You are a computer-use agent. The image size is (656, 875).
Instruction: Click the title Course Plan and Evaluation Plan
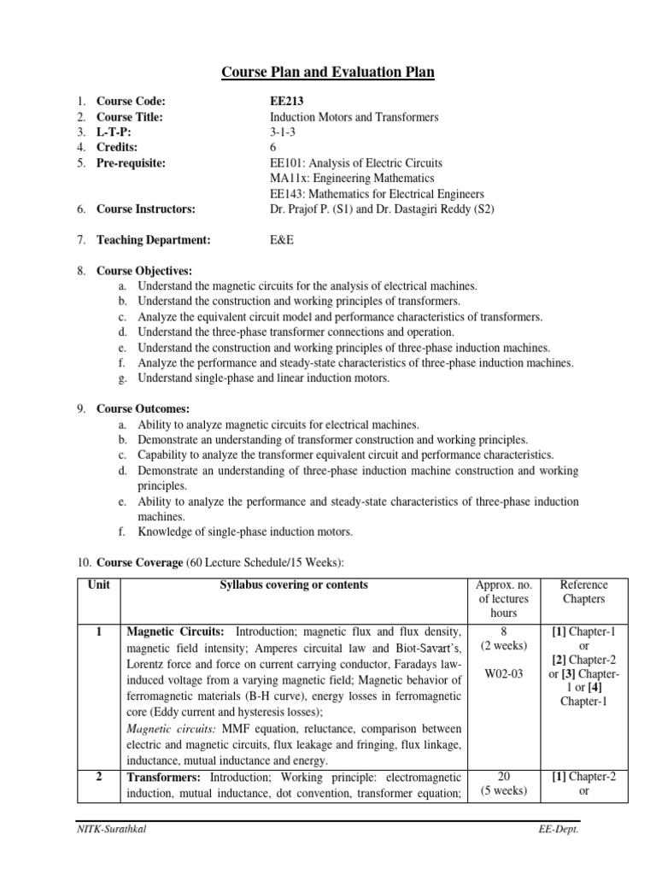click(x=327, y=73)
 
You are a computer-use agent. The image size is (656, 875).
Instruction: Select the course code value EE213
click(x=286, y=101)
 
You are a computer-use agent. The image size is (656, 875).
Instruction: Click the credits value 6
click(x=272, y=148)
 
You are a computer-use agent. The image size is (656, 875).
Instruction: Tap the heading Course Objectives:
click(x=144, y=270)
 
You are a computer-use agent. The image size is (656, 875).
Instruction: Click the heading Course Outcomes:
click(x=143, y=408)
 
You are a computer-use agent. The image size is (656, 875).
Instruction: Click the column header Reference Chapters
click(x=583, y=591)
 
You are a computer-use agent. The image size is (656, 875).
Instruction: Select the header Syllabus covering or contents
click(x=294, y=585)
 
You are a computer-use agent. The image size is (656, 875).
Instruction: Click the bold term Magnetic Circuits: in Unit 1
click(x=175, y=631)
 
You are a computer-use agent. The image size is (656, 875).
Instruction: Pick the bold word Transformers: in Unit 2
click(x=164, y=777)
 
